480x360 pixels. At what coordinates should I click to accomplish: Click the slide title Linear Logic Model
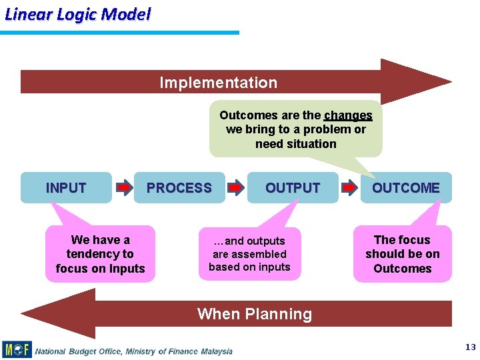point(77,14)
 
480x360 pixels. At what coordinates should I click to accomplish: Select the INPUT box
point(66,188)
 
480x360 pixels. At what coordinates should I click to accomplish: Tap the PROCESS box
point(179,188)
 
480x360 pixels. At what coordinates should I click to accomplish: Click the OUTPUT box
point(293,188)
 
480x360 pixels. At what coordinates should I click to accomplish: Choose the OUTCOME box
point(405,188)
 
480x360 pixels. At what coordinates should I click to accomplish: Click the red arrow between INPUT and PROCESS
point(125,189)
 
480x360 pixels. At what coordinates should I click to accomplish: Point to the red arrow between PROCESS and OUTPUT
point(235,189)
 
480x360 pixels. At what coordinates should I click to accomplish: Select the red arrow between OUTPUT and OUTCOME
point(349,189)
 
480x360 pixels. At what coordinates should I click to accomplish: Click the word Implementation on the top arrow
point(218,83)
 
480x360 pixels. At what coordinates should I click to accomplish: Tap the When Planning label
point(254,314)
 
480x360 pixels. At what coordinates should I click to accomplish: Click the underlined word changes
point(348,115)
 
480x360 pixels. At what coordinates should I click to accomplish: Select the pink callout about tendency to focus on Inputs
point(100,254)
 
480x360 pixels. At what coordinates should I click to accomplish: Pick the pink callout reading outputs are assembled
point(249,254)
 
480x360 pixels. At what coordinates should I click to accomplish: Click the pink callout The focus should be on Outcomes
point(402,254)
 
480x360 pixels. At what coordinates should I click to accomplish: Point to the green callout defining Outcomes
point(295,129)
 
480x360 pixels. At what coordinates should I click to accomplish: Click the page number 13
point(471,347)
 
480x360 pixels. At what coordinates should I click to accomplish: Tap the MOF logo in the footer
point(17,349)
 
